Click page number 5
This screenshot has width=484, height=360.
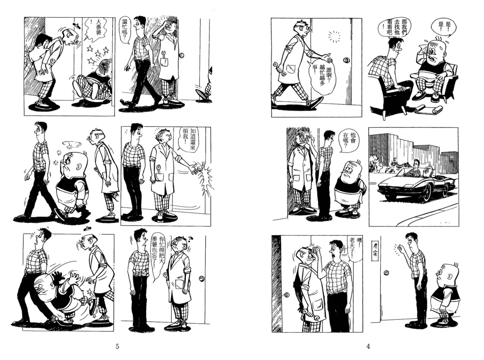point(117,346)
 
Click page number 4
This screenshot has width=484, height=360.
point(368,346)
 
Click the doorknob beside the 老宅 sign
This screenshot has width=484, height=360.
point(386,273)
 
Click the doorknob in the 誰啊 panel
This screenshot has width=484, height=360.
point(346,60)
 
